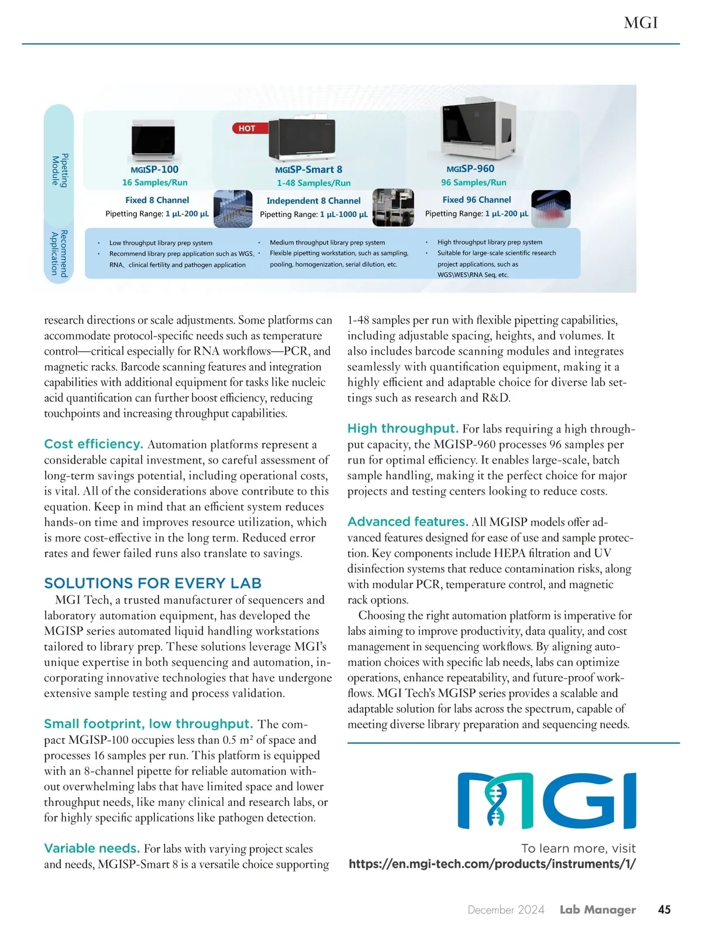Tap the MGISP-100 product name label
pyautogui.click(x=154, y=169)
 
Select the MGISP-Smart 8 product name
pyautogui.click(x=309, y=170)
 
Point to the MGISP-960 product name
pyautogui.click(x=470, y=169)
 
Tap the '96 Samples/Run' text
pyautogui.click(x=474, y=183)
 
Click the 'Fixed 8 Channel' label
pyautogui.click(x=157, y=200)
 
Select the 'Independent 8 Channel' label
pyautogui.click(x=314, y=201)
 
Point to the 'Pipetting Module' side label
pyautogui.click(x=59, y=170)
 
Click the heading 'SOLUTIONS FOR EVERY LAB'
pyautogui.click(x=153, y=583)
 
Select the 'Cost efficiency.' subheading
pyautogui.click(x=94, y=444)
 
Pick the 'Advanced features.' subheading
pyautogui.click(x=408, y=521)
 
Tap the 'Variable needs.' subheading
pyautogui.click(x=92, y=848)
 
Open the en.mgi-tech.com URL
pyautogui.click(x=492, y=864)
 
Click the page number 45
pyautogui.click(x=664, y=909)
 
